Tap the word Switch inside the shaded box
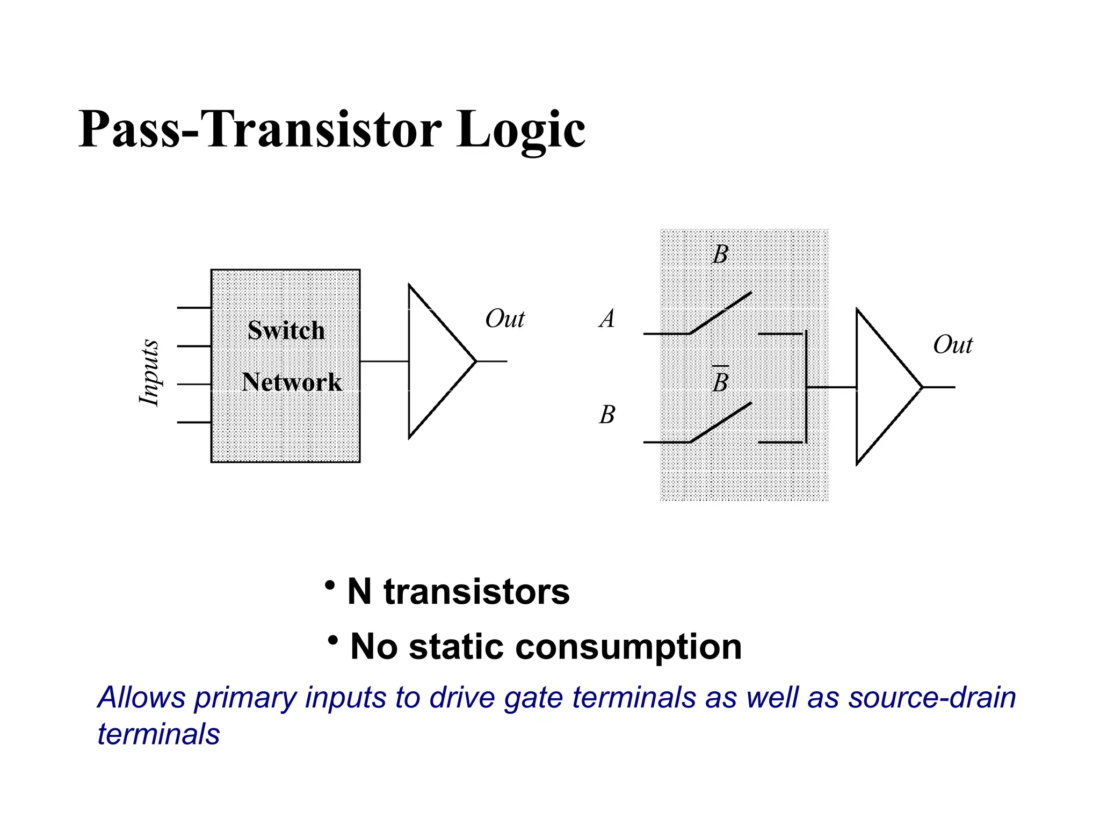pos(286,330)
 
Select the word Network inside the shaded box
pos(291,382)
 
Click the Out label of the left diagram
pos(504,319)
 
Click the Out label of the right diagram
pos(952,344)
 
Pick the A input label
pos(607,319)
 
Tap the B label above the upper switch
pos(720,254)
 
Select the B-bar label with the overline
pos(720,382)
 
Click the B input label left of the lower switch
pos(607,415)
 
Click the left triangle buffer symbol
pos(435,361)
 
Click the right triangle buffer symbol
pos(882,387)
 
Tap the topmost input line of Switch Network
pos(193,308)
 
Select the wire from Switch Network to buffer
pos(384,361)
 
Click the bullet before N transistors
pos(330,585)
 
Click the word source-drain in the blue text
pos(932,698)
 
